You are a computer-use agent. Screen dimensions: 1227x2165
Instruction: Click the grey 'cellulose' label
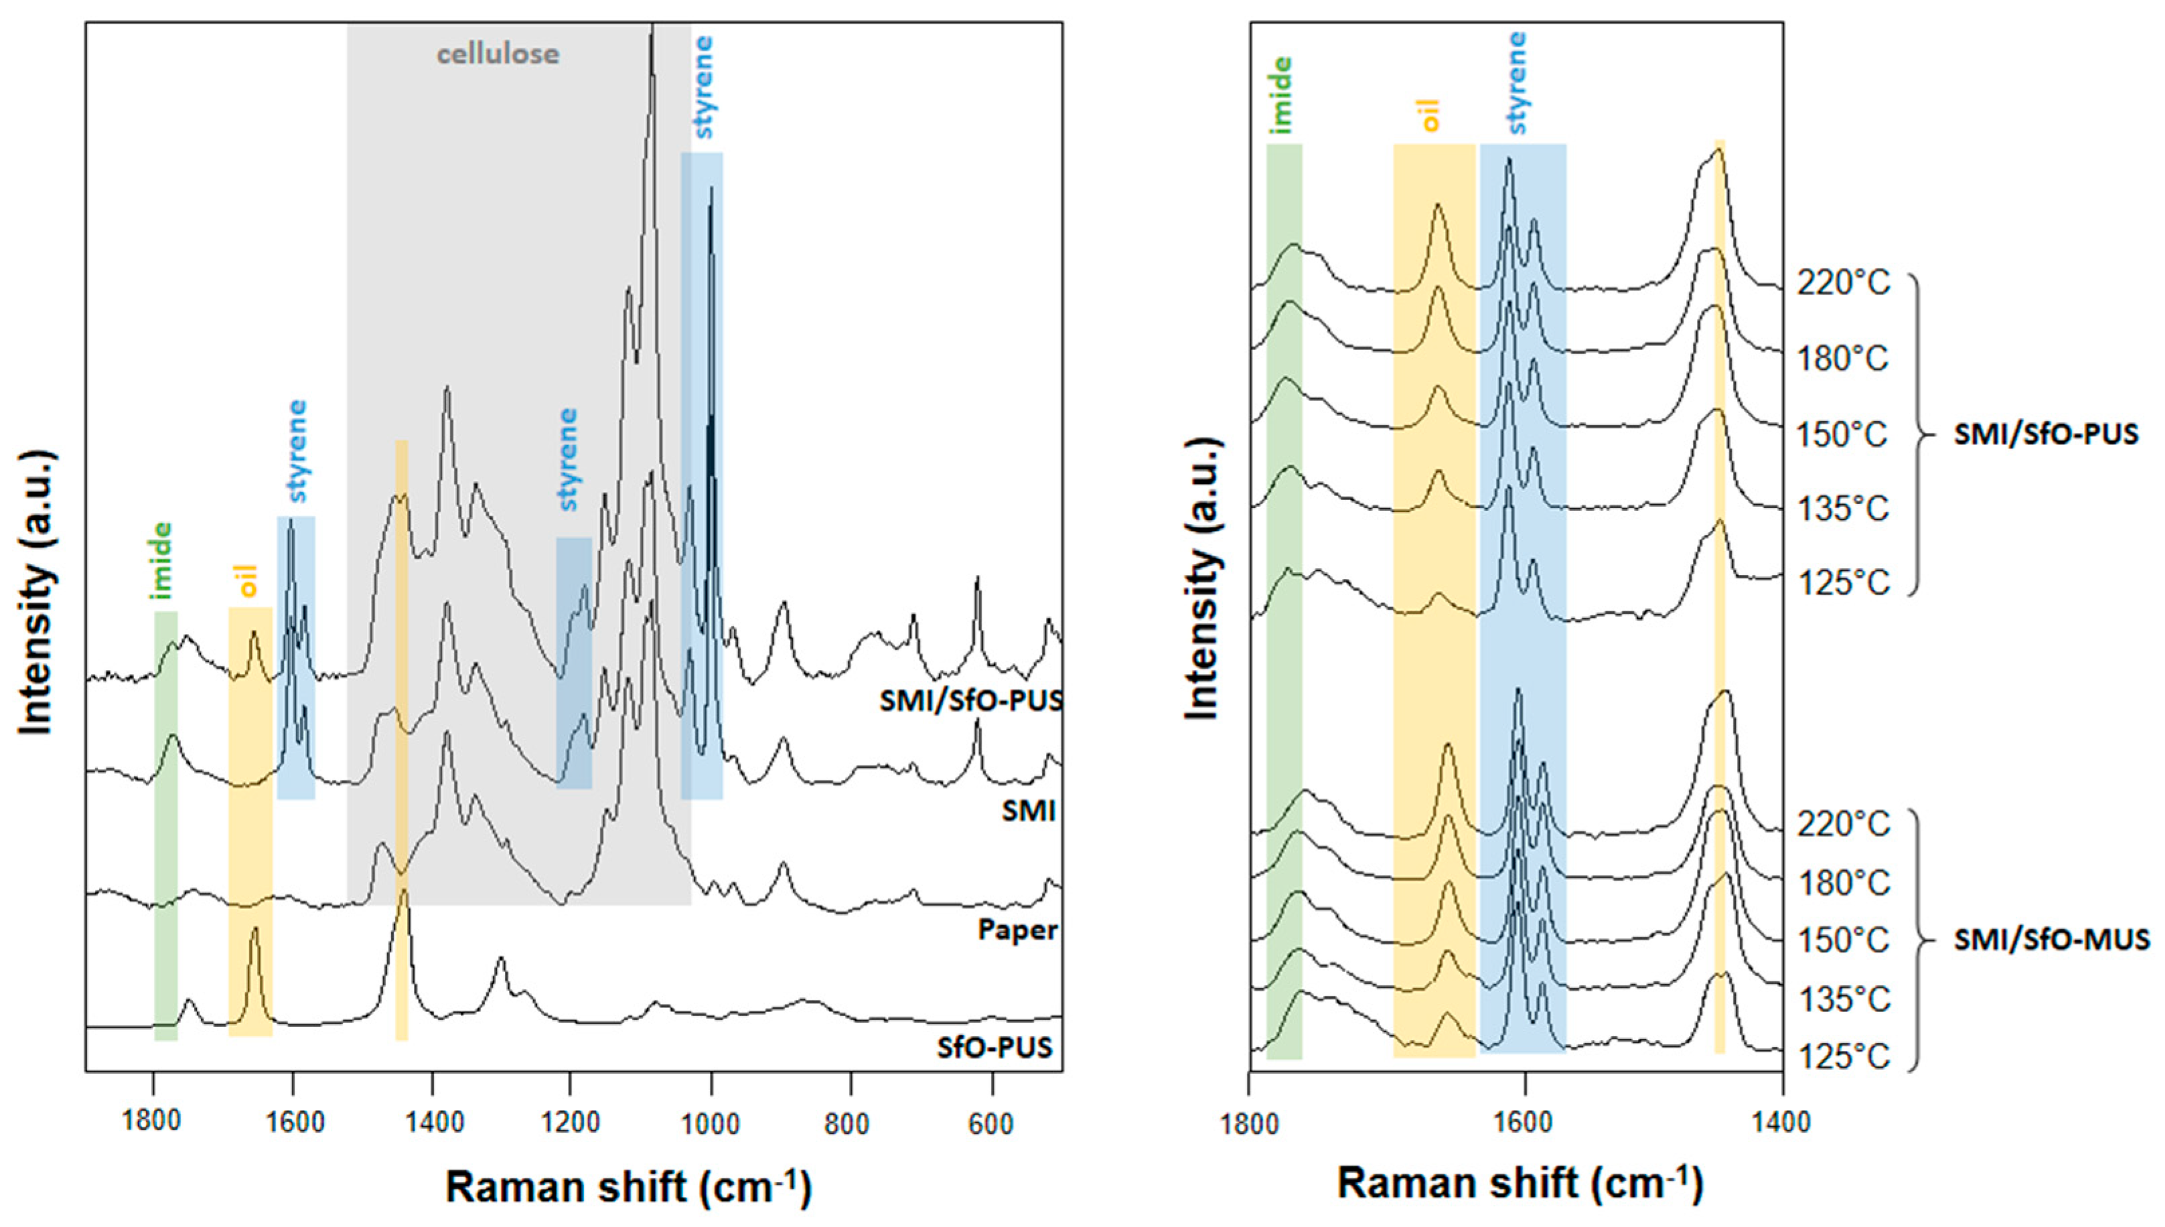click(x=498, y=55)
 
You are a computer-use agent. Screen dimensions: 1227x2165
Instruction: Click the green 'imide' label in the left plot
click(x=161, y=560)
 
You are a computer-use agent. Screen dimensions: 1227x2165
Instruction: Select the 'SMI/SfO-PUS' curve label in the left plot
click(x=970, y=700)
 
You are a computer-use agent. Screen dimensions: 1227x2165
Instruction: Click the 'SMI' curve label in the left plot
click(x=1028, y=811)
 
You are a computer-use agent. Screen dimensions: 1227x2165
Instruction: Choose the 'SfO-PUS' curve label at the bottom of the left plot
click(x=995, y=1048)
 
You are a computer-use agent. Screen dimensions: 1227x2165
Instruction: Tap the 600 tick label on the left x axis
click(x=990, y=1124)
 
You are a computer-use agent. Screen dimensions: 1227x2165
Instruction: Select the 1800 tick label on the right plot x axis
click(x=1249, y=1123)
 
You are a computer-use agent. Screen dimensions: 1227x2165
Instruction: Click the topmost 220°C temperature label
click(x=1843, y=283)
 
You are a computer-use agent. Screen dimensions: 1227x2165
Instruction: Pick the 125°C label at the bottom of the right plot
click(x=1843, y=1057)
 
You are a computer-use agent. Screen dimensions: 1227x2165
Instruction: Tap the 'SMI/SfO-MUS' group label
click(x=2051, y=940)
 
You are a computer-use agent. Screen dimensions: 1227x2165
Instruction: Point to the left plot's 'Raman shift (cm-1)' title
click(x=628, y=1187)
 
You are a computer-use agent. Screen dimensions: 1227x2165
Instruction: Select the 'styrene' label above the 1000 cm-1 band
click(x=704, y=87)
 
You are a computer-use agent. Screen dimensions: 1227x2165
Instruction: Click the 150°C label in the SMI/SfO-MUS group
click(x=1843, y=940)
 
